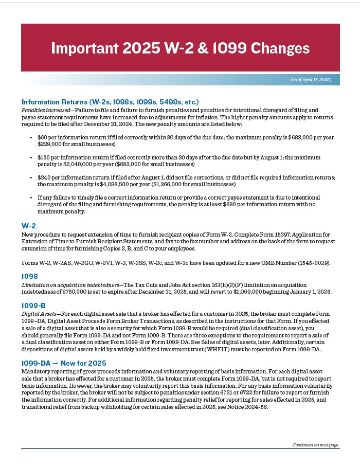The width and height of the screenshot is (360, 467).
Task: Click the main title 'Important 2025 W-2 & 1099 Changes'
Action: (x=180, y=48)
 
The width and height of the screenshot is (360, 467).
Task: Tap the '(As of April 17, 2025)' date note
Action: (x=311, y=80)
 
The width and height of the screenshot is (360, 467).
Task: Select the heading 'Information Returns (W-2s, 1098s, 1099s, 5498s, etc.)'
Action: (x=110, y=102)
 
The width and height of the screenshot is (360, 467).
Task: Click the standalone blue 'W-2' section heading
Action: (x=28, y=226)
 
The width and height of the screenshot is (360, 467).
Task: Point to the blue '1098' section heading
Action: (x=29, y=276)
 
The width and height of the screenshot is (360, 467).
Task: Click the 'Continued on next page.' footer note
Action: (x=316, y=445)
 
